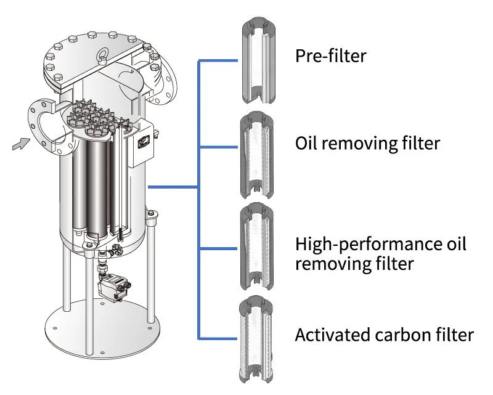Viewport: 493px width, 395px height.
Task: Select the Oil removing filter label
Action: pos(368,144)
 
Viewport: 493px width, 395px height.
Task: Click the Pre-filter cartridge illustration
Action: pos(258,62)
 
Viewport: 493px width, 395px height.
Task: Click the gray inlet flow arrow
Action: pos(20,144)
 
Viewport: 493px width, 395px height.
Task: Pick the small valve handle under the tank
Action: pos(118,251)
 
